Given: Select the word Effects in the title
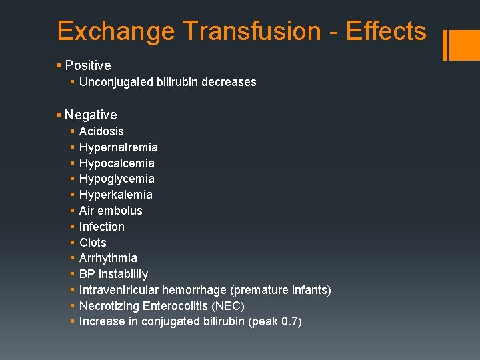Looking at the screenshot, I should [x=386, y=31].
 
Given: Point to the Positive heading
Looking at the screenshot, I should [x=88, y=65].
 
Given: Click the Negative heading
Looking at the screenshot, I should [x=91, y=115].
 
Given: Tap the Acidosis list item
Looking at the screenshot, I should [x=101, y=131].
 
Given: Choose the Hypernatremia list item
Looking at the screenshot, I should [x=118, y=147].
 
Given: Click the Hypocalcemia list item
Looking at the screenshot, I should [x=117, y=163].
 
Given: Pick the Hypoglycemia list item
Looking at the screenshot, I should [x=117, y=179].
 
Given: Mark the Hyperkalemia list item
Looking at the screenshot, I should [x=115, y=195].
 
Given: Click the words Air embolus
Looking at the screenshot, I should [x=111, y=211].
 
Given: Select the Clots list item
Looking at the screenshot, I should [x=93, y=243].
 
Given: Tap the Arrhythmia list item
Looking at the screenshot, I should [x=108, y=258].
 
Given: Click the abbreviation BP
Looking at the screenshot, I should [x=87, y=274].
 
